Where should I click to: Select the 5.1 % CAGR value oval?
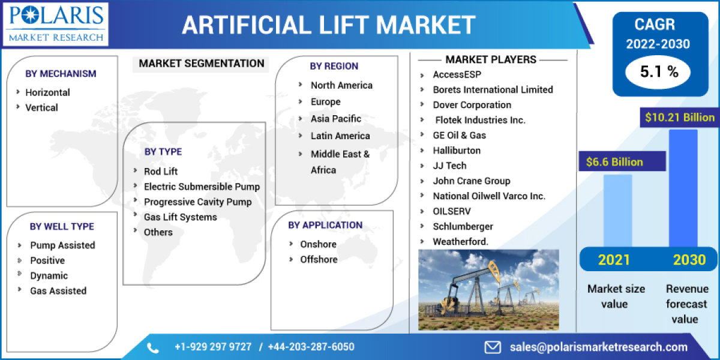pos(658,73)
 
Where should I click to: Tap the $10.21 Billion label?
pos(680,118)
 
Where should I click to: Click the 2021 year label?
pos(614,260)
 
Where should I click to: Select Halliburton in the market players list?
pos(457,150)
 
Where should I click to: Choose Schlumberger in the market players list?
pos(463,226)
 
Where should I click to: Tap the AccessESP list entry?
pos(457,74)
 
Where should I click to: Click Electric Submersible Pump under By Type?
pos(202,187)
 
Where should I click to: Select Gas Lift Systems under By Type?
pos(180,217)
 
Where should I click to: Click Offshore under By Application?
pos(319,259)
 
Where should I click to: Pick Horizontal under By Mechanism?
pos(47,92)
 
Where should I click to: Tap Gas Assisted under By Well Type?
pos(58,290)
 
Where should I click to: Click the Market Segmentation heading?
pos(202,64)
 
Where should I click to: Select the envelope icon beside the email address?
pos(493,347)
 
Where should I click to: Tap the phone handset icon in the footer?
pos(153,347)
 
